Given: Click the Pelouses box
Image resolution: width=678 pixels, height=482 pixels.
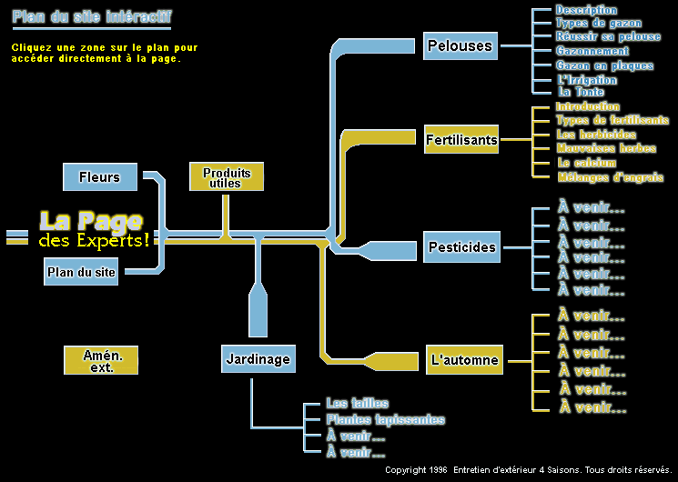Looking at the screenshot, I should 460,45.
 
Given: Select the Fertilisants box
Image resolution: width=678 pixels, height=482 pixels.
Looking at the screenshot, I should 461,140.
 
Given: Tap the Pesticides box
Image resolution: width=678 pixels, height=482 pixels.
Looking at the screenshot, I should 461,247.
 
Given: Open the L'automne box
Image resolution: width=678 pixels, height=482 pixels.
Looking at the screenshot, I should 464,360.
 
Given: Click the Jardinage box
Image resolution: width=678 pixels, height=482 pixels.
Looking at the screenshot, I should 258,359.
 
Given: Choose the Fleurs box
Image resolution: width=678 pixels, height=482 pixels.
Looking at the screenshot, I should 99,176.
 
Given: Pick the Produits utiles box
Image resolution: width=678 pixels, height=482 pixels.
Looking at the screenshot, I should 226,177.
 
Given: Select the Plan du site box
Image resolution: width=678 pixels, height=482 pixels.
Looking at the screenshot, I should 82,271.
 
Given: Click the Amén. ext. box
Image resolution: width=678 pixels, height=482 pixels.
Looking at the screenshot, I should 100,360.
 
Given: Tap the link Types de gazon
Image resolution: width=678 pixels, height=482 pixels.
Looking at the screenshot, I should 598,23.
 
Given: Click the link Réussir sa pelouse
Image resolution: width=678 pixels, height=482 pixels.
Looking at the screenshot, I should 608,36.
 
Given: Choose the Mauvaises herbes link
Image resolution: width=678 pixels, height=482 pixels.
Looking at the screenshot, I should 605,148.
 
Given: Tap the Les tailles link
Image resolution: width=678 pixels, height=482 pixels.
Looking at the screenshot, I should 357,403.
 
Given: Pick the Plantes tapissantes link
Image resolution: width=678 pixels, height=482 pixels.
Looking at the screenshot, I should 385,419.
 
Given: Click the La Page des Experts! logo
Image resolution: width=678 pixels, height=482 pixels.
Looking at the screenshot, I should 93,230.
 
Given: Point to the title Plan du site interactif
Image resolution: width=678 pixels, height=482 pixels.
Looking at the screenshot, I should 90,17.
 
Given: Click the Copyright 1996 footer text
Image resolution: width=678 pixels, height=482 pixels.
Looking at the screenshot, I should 528,470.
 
